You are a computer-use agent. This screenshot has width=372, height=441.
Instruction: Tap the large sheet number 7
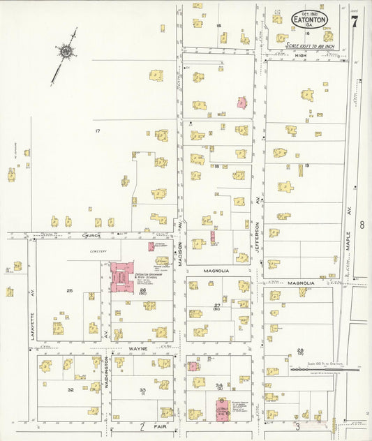click(x=355, y=22)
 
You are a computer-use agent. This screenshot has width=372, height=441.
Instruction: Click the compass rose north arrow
click(x=65, y=51)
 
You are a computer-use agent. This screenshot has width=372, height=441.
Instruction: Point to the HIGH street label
click(x=301, y=55)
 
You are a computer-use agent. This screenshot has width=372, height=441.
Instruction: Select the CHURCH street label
click(x=91, y=236)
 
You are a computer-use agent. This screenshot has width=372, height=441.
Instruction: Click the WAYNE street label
click(x=135, y=346)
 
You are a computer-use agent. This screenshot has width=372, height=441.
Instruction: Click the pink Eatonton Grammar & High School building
click(x=121, y=276)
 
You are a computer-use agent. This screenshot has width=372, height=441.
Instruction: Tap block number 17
click(x=98, y=130)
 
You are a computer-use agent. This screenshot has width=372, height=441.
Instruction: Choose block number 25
click(x=69, y=290)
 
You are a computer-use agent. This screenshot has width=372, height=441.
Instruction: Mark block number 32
click(x=70, y=389)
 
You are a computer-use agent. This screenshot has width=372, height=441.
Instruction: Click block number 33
click(x=142, y=390)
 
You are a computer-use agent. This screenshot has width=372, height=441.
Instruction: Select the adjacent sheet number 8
click(x=362, y=225)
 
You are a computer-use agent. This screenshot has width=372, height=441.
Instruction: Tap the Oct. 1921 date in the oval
click(x=309, y=13)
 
